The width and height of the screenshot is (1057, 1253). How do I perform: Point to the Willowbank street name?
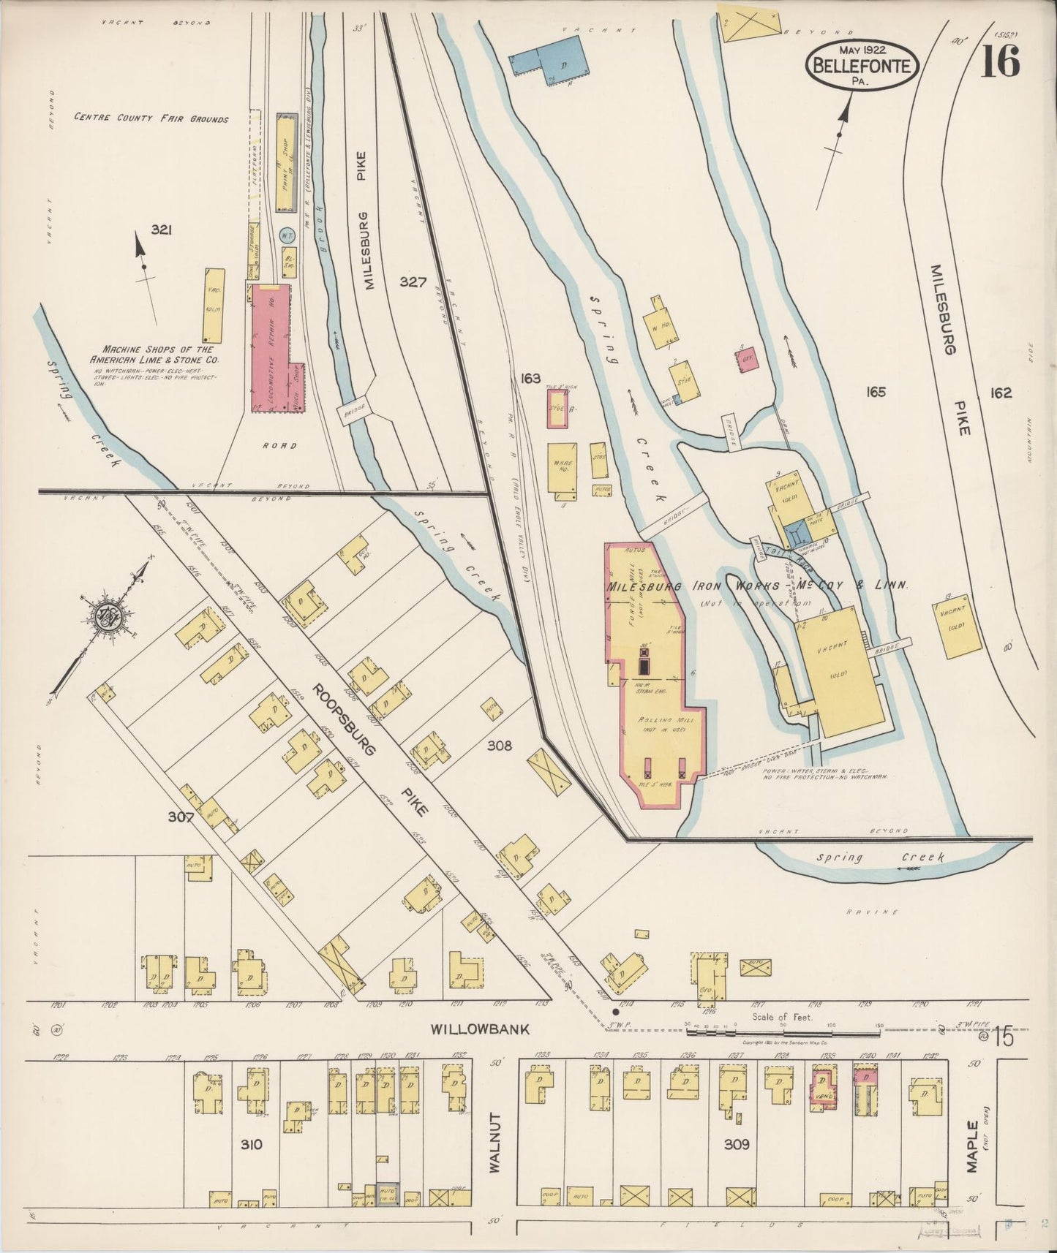click(x=479, y=1029)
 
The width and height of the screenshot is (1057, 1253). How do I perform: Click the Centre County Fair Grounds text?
click(x=151, y=118)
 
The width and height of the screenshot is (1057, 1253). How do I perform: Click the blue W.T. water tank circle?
click(x=287, y=235)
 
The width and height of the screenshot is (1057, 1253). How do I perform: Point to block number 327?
click(x=413, y=281)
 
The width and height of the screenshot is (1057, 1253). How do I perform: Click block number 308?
click(x=500, y=746)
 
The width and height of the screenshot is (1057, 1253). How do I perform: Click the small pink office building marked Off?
click(x=746, y=359)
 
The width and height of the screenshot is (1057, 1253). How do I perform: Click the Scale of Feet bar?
click(x=783, y=1033)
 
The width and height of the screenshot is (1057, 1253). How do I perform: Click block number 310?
click(x=252, y=1144)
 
